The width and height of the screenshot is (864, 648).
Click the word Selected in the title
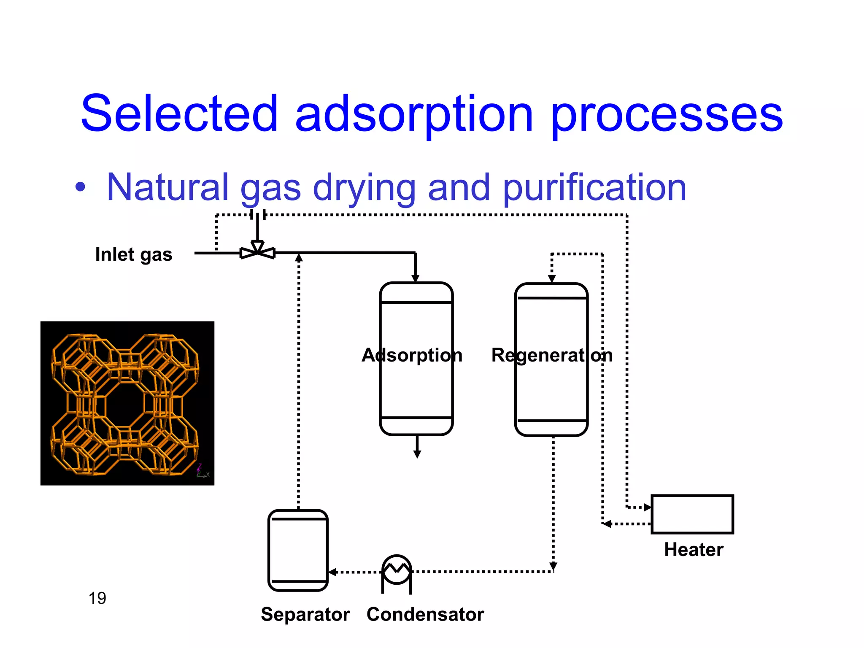click(179, 113)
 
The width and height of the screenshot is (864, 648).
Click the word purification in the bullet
click(595, 188)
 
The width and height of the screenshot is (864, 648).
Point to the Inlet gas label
click(134, 254)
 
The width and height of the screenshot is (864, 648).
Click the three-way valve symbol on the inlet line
click(257, 251)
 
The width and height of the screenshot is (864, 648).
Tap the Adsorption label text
click(412, 355)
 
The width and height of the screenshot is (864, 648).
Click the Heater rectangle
click(692, 514)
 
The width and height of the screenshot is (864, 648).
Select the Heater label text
click(694, 550)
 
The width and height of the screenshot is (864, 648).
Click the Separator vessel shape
click(298, 550)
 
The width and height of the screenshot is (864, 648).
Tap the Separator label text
click(305, 614)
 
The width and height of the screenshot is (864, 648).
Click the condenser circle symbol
click(396, 570)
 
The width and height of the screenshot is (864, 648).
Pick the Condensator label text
click(425, 614)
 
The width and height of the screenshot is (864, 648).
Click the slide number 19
click(97, 598)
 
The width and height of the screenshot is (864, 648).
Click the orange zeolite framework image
click(127, 403)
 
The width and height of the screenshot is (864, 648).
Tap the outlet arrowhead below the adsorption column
click(417, 454)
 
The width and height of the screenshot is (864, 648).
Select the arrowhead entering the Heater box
click(648, 508)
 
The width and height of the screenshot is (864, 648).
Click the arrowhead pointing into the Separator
click(332, 572)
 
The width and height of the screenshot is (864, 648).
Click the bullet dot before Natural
click(80, 186)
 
